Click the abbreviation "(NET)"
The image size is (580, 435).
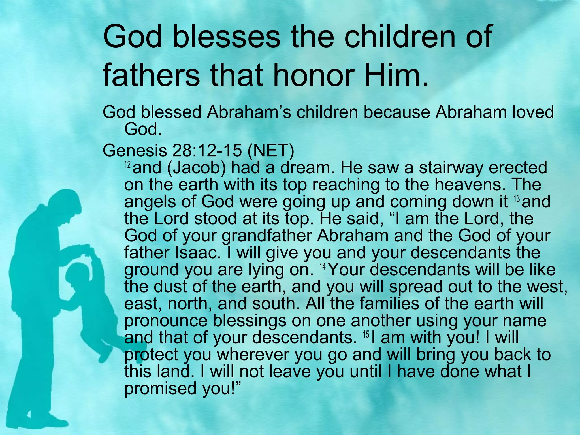coord(271,151)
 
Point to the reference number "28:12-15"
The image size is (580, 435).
coord(207,151)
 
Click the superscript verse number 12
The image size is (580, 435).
coord(128,165)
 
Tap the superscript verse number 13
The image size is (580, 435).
coord(517,199)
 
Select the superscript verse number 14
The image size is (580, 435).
coord(322,266)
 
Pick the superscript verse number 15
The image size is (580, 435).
coord(366,334)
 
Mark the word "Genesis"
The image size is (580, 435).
coord(135,151)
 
